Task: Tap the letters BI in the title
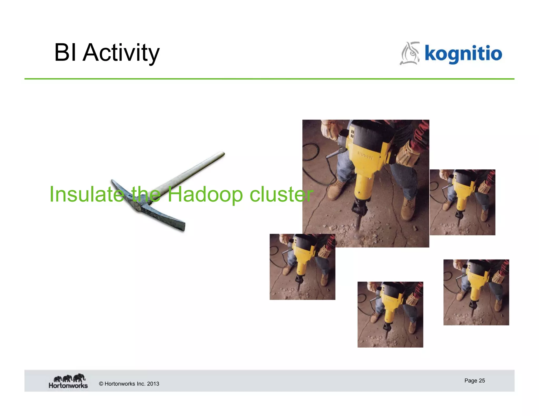[65, 53]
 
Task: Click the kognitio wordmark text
[463, 54]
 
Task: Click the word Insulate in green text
[87, 195]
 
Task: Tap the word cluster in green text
[281, 195]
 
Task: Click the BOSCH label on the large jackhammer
[365, 155]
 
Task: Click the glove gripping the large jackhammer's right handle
[407, 155]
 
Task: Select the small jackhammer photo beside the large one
[462, 202]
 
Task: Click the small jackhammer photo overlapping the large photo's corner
[302, 267]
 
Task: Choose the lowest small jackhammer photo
[390, 314]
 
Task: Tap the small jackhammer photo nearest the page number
[476, 292]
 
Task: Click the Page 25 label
[474, 381]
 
